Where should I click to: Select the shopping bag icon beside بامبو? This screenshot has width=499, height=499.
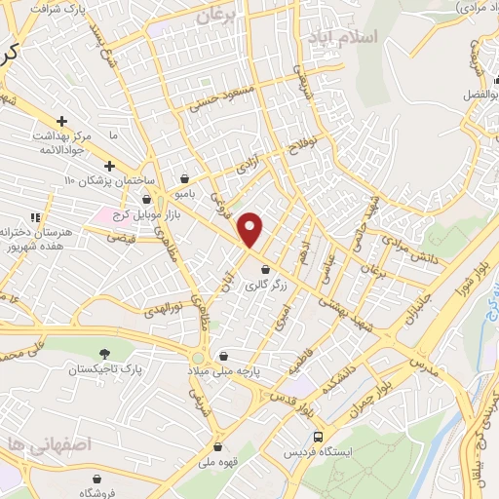click(185, 178)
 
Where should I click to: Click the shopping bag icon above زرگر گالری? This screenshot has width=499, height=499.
click(265, 270)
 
